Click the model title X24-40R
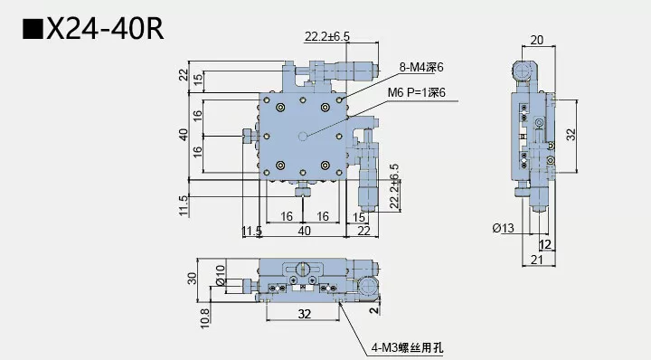pos(104,31)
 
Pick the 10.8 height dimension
pos(204,315)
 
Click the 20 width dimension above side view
pos(536,39)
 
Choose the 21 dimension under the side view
pos(538,261)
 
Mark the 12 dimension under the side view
pos(544,244)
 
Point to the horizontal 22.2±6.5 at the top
pos(327,37)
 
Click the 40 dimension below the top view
pos(304,232)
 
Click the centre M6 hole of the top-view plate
pos(305,137)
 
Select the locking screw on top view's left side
pos(248,137)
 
